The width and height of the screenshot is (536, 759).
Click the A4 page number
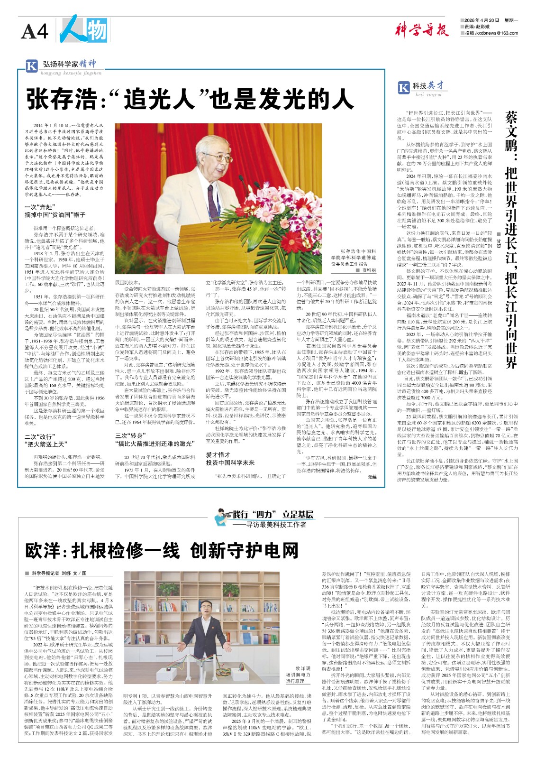[35, 32]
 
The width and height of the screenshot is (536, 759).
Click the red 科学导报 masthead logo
[421, 30]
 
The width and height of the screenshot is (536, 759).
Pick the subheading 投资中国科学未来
[230, 463]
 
